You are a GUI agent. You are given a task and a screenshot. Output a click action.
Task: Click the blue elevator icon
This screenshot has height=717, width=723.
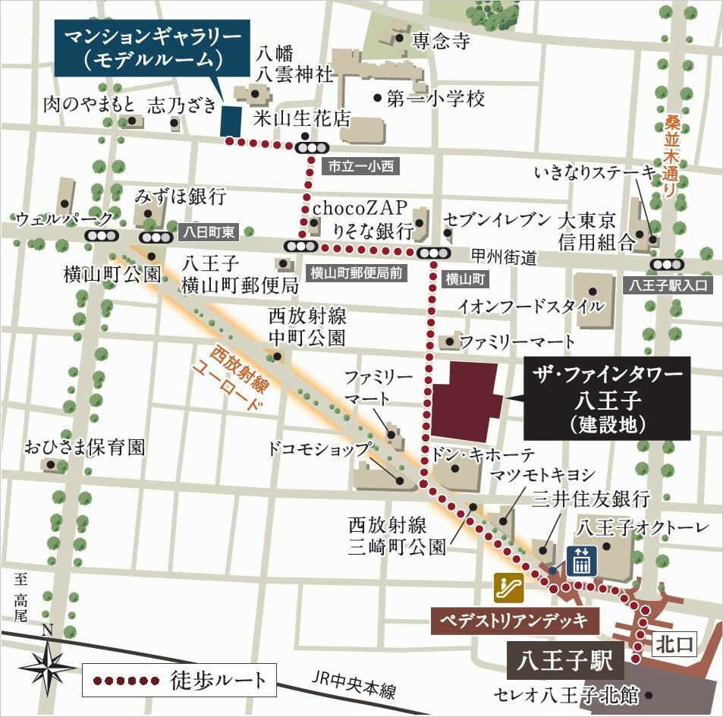click(582, 561)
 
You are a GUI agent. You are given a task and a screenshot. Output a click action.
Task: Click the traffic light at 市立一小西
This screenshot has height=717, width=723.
click(312, 148)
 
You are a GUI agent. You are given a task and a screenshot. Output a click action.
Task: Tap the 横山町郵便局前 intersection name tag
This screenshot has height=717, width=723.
click(355, 270)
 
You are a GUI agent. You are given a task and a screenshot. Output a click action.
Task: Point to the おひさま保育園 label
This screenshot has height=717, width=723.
click(83, 447)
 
